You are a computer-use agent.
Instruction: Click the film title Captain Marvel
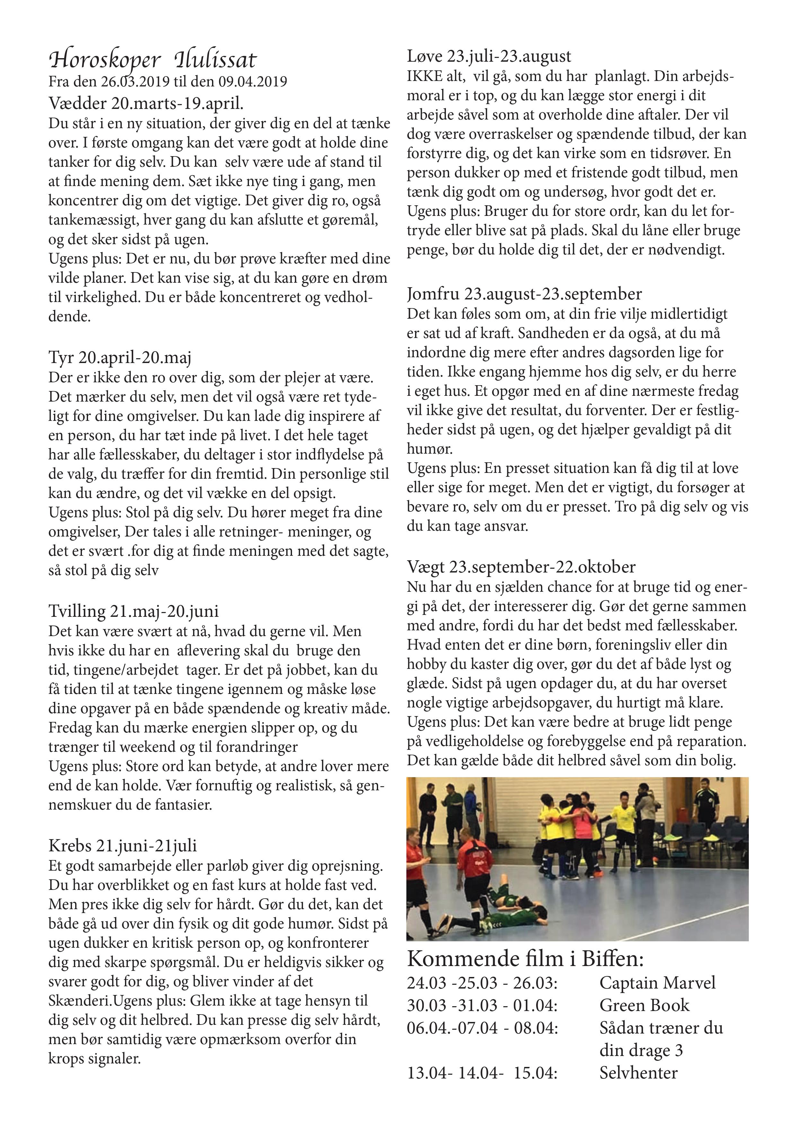point(657,983)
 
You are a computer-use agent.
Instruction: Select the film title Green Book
point(644,1005)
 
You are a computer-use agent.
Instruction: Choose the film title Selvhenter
point(638,1072)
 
